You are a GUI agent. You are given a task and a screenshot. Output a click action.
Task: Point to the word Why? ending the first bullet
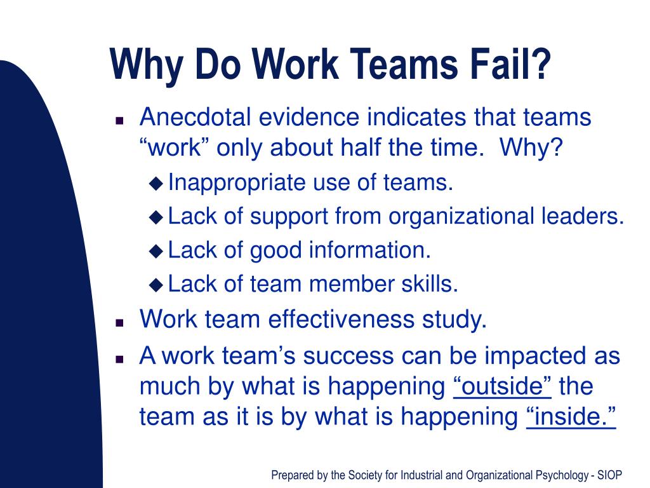click(531, 149)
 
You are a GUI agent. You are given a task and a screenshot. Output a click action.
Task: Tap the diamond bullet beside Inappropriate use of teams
click(156, 184)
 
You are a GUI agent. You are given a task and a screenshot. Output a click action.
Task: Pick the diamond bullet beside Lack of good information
click(156, 251)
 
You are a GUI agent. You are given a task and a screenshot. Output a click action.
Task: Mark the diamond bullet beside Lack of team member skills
click(156, 285)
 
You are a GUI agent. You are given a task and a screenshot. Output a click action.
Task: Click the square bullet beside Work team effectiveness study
click(119, 322)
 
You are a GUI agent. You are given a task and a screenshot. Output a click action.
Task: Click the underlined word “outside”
click(503, 386)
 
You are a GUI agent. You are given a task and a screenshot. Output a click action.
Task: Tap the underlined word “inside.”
click(571, 417)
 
